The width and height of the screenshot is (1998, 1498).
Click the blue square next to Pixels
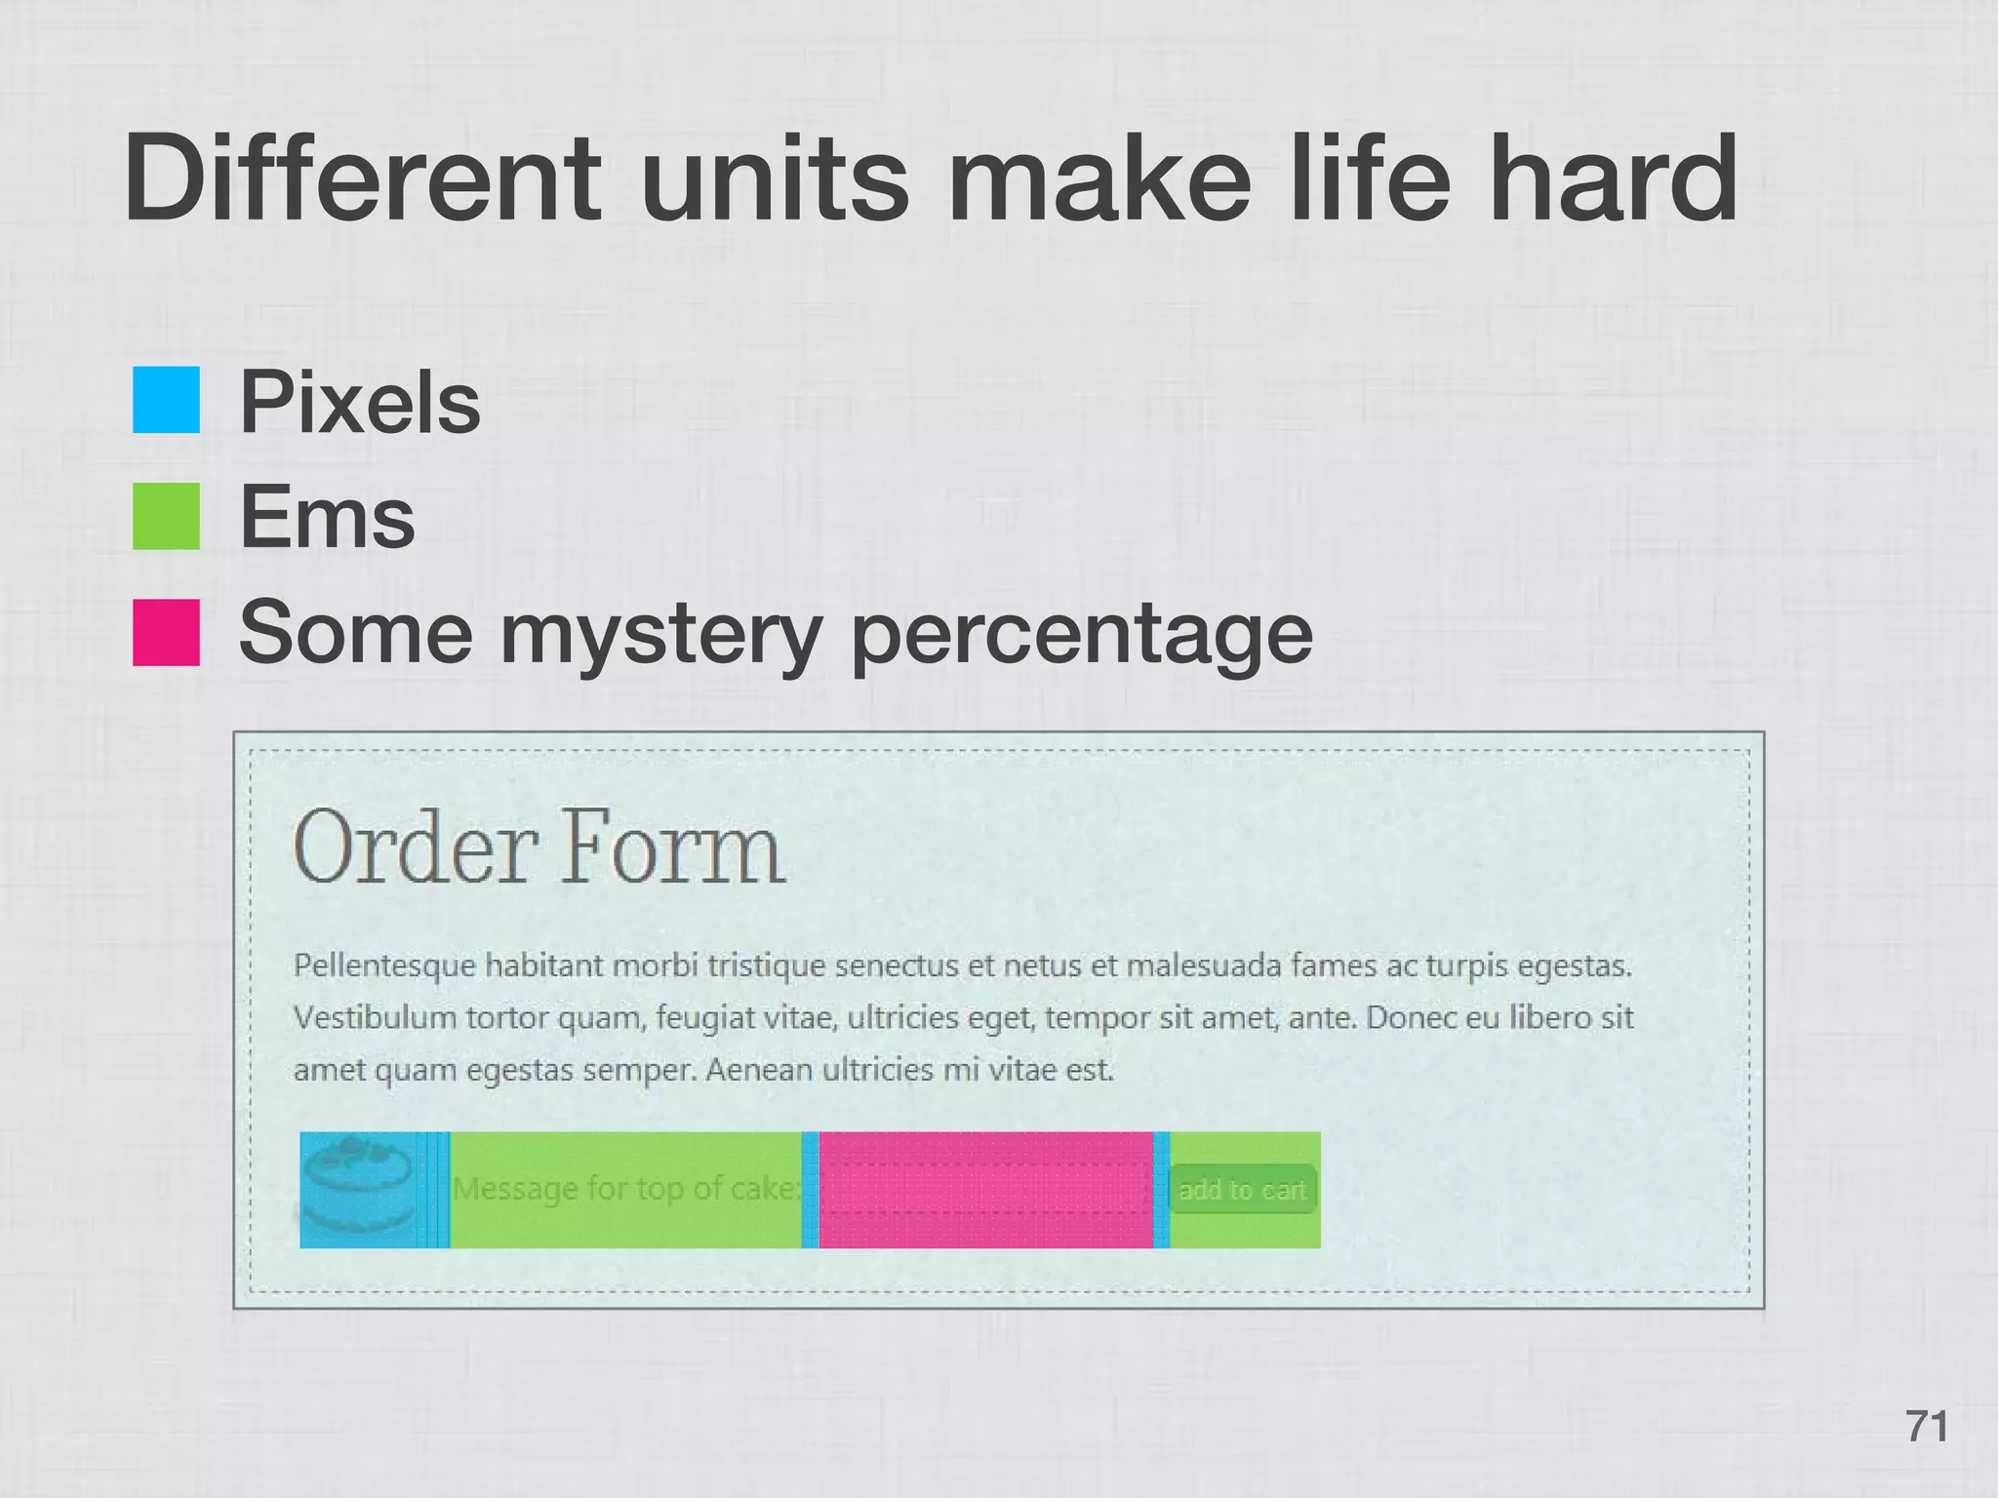tap(166, 400)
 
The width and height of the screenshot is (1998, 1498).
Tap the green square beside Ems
tap(166, 516)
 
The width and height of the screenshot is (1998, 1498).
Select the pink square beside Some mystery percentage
tap(166, 632)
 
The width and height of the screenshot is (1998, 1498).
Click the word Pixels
tap(360, 402)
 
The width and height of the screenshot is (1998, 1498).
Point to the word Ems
tap(327, 517)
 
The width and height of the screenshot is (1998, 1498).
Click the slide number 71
tap(1927, 1426)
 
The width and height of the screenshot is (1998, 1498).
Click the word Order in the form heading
tap(416, 848)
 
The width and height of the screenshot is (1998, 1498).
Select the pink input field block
tap(985, 1190)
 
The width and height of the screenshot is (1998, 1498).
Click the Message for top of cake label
tap(625, 1189)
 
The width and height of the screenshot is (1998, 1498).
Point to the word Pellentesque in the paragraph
tap(384, 966)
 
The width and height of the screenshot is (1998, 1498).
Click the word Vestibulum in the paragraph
tap(375, 1018)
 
